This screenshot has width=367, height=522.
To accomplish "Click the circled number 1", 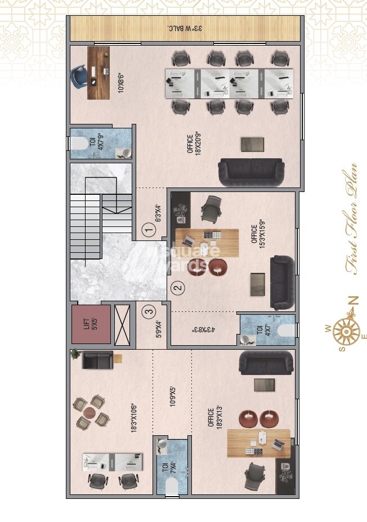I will click(x=148, y=230).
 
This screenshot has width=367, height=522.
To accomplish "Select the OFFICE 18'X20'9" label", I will click(x=194, y=142).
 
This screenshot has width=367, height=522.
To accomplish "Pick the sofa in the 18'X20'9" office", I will click(x=251, y=172).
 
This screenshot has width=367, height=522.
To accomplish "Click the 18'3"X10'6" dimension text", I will click(x=133, y=417).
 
